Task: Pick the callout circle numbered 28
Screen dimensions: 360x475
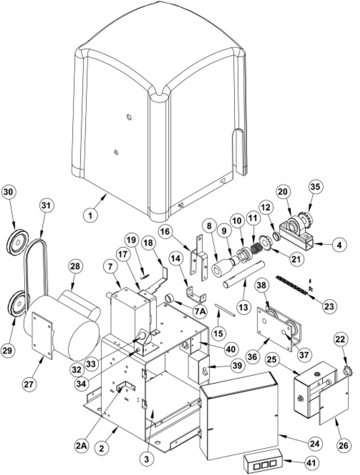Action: click(x=75, y=266)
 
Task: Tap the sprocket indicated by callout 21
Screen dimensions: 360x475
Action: click(x=264, y=243)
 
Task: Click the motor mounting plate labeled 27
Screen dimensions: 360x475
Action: click(x=42, y=335)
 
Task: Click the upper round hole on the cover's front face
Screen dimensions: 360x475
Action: click(x=129, y=117)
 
